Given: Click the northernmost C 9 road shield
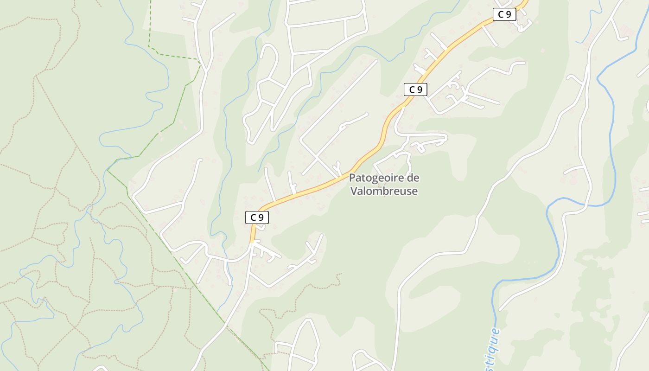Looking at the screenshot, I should click(504, 15).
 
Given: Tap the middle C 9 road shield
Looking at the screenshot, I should click(415, 90).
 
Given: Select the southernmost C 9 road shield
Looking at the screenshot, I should click(257, 217).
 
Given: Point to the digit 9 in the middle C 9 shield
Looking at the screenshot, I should click(420, 90).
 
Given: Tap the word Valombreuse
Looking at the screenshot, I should click(384, 191).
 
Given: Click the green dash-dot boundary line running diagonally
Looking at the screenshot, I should click(185, 269).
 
